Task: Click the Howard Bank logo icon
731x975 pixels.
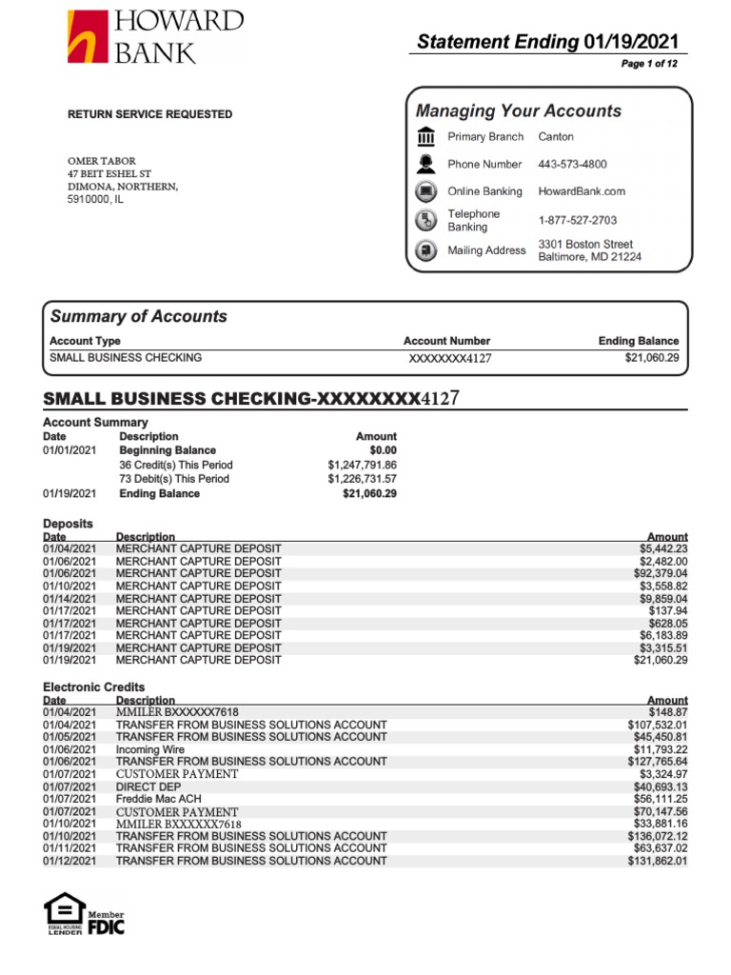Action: tap(88, 37)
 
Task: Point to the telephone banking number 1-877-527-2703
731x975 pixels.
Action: tap(577, 220)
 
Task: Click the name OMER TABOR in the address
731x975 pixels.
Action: tap(102, 161)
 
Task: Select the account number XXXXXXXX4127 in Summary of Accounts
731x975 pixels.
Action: tap(449, 358)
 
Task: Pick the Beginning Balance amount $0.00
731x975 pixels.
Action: tap(383, 450)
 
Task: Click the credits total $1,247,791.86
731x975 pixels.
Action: tap(362, 465)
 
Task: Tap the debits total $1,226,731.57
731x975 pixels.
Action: tap(362, 479)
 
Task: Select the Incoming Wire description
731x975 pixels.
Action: tap(150, 749)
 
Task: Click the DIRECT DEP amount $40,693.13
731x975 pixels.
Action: tap(660, 786)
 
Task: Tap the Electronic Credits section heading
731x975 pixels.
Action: tap(94, 686)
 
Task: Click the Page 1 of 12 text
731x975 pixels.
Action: tap(649, 64)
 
